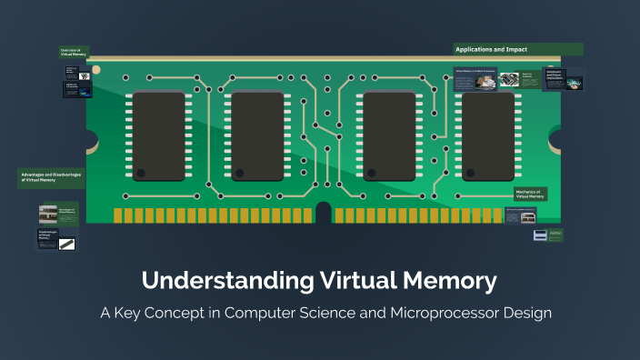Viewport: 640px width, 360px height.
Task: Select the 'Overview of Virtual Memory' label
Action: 71,53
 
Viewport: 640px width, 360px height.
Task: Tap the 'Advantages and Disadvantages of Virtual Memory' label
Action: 52,177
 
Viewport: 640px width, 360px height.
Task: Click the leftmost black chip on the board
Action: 158,135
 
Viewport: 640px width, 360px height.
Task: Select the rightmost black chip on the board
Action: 488,135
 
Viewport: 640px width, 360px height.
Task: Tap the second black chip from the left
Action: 258,135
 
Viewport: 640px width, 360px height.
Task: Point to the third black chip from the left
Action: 389,135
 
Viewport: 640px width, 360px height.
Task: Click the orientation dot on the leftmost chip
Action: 140,172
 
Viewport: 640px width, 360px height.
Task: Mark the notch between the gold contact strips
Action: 323,214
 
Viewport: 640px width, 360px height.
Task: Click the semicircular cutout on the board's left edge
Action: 91,139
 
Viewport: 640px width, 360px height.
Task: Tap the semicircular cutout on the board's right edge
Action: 555,139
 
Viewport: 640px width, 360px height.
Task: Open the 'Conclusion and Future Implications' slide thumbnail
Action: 563,79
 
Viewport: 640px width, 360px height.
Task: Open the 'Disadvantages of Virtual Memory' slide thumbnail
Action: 57,240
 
